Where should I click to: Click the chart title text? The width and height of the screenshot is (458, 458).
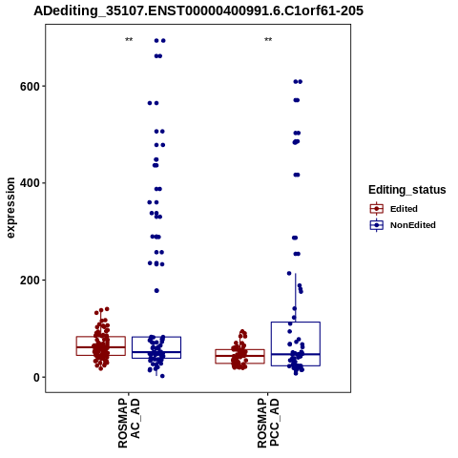pyautogui.click(x=198, y=10)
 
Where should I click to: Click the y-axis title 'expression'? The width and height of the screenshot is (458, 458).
pyautogui.click(x=10, y=208)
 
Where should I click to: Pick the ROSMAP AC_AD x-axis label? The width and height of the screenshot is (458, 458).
pyautogui.click(x=129, y=423)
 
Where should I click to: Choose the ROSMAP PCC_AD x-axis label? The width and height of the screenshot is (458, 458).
pyautogui.click(x=268, y=423)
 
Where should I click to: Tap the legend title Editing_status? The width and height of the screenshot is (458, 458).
pyautogui.click(x=407, y=190)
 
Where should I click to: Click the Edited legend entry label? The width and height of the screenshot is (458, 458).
pyautogui.click(x=404, y=209)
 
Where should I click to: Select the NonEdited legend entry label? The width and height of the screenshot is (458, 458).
pyautogui.click(x=413, y=225)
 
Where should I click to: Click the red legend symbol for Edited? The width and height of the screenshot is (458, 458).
pyautogui.click(x=377, y=209)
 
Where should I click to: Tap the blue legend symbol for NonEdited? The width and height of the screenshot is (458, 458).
pyautogui.click(x=377, y=225)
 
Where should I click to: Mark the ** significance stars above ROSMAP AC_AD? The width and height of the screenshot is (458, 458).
pyautogui.click(x=129, y=40)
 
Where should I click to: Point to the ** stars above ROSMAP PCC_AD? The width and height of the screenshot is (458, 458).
pyautogui.click(x=268, y=40)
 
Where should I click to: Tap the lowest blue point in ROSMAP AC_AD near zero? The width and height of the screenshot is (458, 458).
pyautogui.click(x=162, y=376)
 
